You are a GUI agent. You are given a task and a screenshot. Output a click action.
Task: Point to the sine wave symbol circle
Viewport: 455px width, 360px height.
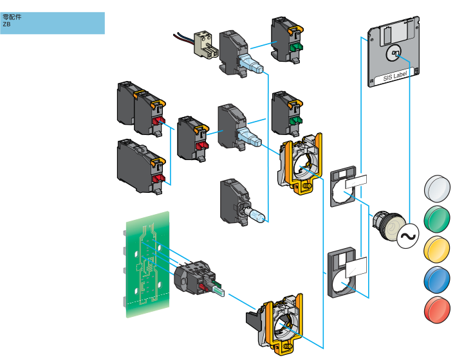(407, 236)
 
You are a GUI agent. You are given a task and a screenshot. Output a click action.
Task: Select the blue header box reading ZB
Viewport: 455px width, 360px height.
(52, 22)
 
